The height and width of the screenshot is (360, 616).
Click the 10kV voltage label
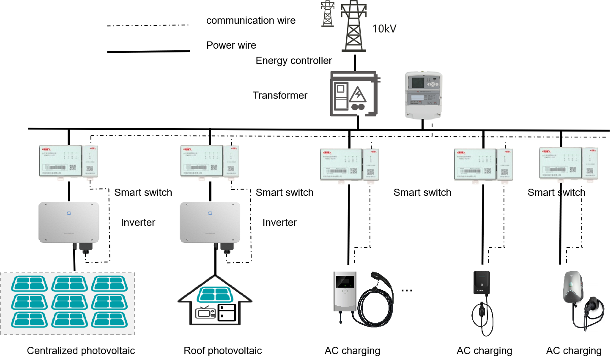(x=384, y=29)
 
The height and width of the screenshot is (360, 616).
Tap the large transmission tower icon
(x=353, y=26)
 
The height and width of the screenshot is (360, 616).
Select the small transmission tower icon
(x=327, y=14)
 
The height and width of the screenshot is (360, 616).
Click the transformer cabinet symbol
(x=354, y=94)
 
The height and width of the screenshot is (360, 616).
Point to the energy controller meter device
(x=423, y=94)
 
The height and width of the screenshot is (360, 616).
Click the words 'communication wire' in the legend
(x=251, y=20)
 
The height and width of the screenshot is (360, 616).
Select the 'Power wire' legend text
(x=231, y=45)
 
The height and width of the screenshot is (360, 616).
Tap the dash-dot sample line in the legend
(x=148, y=25)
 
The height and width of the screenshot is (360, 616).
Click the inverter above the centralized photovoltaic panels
(x=69, y=223)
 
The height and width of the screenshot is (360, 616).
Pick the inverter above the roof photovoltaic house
(x=210, y=223)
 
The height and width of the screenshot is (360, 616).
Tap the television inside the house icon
(x=205, y=313)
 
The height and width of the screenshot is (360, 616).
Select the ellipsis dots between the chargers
(x=407, y=291)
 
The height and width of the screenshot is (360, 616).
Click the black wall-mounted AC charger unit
(x=482, y=283)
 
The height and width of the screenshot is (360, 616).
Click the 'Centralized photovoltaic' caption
(x=81, y=351)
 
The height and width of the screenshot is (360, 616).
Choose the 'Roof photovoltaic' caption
(x=222, y=351)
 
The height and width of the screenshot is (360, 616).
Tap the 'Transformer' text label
(x=280, y=96)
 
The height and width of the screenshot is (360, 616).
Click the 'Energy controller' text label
(x=293, y=61)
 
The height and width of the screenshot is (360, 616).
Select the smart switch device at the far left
(x=68, y=162)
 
